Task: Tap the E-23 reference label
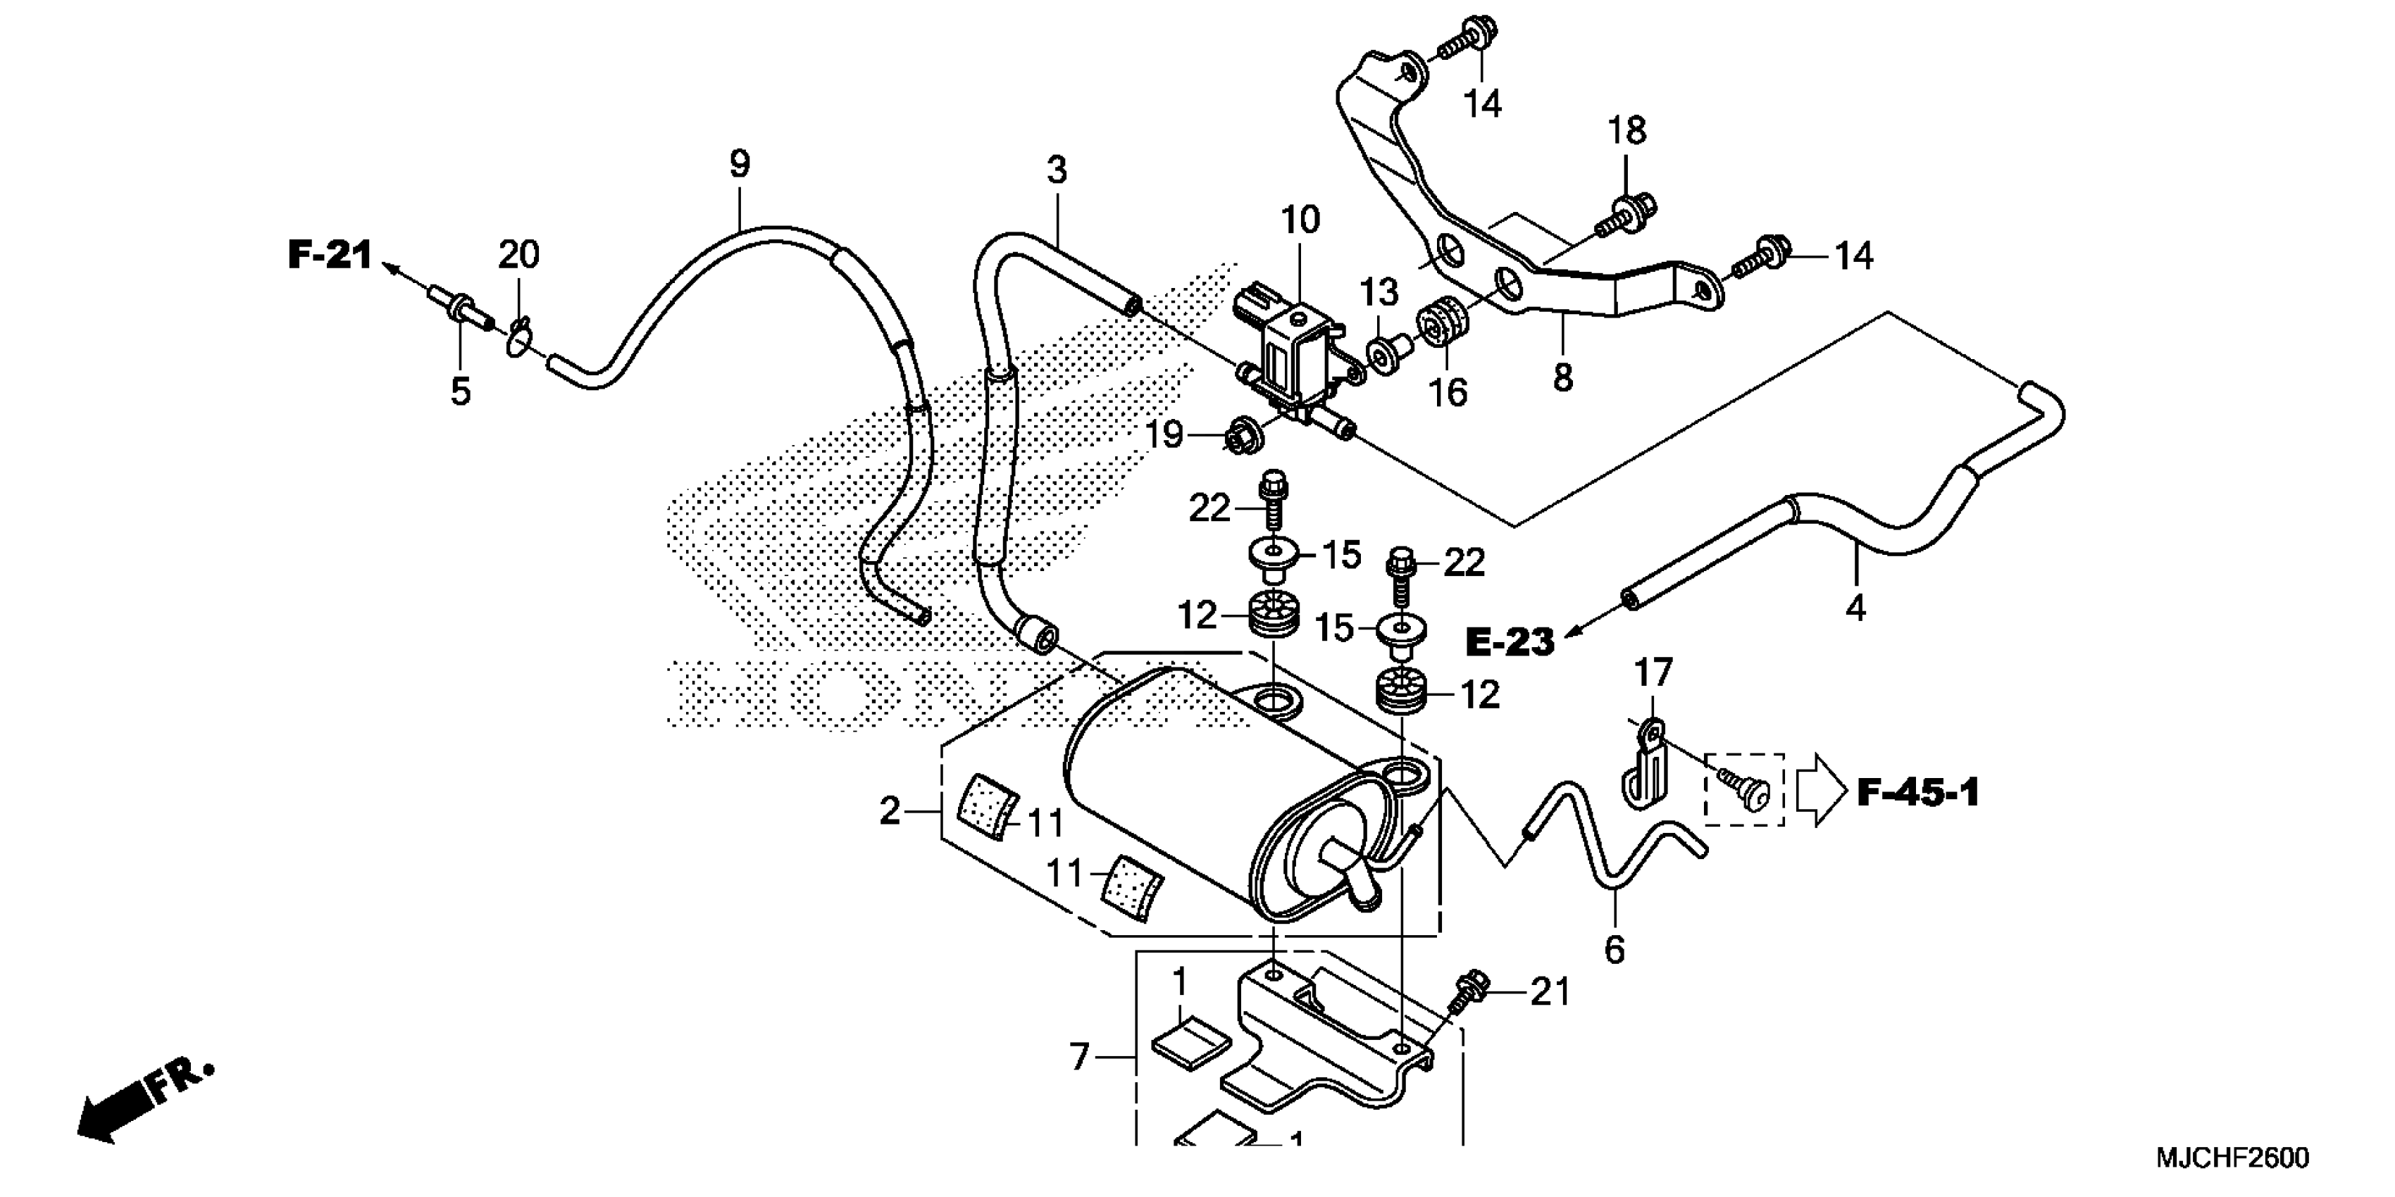pyautogui.click(x=1510, y=641)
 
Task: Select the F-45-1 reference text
pyautogui.click(x=1918, y=793)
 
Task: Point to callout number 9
pyautogui.click(x=739, y=165)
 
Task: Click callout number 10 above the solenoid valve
pyautogui.click(x=1300, y=220)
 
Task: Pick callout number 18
pyautogui.click(x=1627, y=131)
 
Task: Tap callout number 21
pyautogui.click(x=1550, y=993)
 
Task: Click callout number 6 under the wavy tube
pyautogui.click(x=1615, y=949)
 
